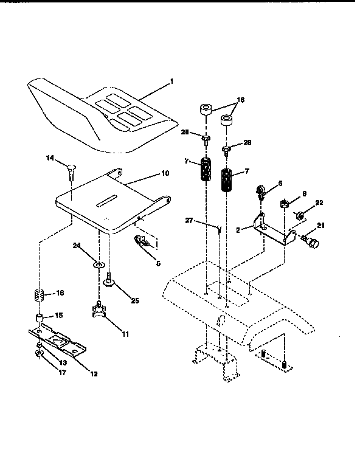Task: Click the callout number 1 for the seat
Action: click(x=171, y=82)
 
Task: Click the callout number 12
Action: click(x=94, y=373)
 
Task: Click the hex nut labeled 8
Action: click(x=283, y=204)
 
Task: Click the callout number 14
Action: click(x=50, y=157)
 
